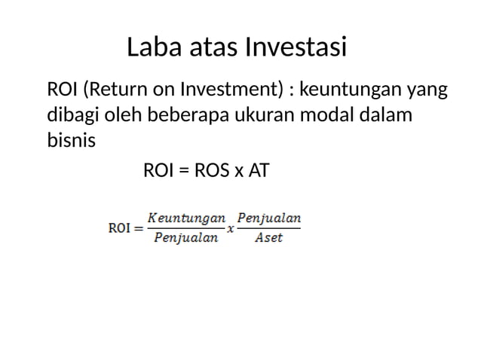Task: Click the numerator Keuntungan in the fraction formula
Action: coord(185,218)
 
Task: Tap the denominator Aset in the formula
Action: coord(269,239)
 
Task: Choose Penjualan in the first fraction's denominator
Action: coord(185,239)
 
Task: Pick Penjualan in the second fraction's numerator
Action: coord(269,218)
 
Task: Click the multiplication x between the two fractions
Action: coord(230,229)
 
